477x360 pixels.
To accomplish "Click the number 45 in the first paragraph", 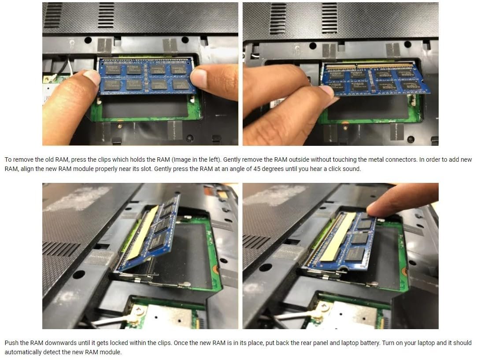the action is coord(257,169).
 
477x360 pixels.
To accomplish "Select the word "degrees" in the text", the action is coord(273,169).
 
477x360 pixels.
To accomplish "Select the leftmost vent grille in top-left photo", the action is coord(53,15).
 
